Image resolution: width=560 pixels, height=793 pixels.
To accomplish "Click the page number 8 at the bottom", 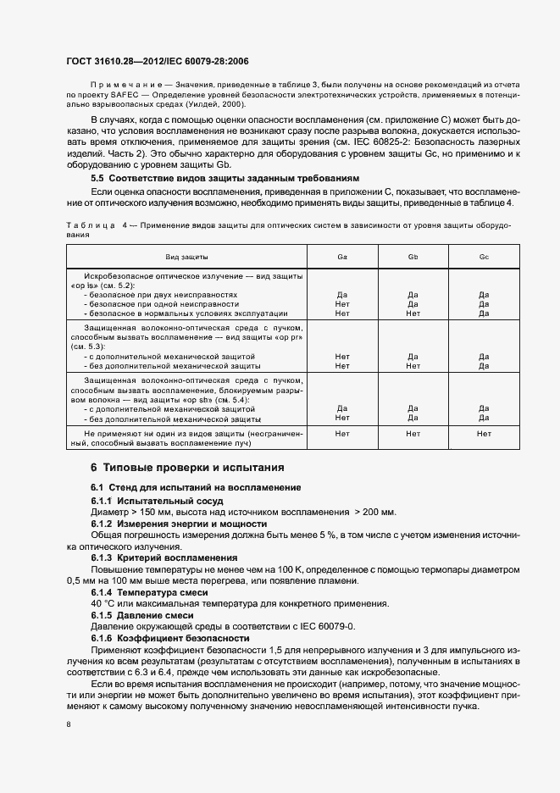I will [x=68, y=724].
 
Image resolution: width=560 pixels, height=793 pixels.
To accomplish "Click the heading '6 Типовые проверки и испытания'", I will [x=187, y=467].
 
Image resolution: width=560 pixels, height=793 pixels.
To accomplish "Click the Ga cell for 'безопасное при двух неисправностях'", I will [x=341, y=295].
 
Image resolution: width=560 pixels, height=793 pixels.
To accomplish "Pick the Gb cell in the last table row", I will [x=413, y=433].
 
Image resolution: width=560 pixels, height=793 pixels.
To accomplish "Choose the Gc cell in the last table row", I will [x=484, y=433].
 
